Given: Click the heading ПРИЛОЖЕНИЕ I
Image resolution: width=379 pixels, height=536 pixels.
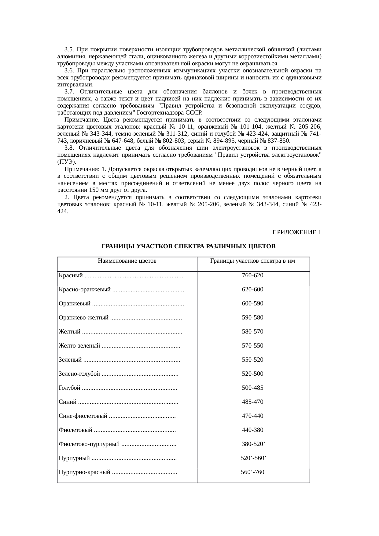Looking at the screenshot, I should click(x=296, y=233).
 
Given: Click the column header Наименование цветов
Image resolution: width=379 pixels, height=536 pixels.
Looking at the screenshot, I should click(x=127, y=261).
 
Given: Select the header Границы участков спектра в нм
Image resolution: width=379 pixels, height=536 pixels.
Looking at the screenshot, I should click(x=253, y=261).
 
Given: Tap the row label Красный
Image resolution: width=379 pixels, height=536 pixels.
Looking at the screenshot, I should click(x=71, y=275).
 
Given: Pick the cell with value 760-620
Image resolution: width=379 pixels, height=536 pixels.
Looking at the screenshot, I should click(x=252, y=275).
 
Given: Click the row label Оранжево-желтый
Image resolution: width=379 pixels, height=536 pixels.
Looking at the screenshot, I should click(x=83, y=318).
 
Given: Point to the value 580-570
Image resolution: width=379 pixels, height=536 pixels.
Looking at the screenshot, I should click(x=252, y=332).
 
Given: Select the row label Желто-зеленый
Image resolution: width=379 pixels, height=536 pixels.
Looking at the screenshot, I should click(x=79, y=346).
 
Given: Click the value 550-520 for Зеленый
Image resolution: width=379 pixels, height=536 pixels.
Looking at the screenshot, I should click(x=252, y=360).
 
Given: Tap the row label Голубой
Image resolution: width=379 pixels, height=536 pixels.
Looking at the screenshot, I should click(x=69, y=388).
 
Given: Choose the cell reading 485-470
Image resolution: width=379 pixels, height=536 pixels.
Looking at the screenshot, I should click(x=252, y=402).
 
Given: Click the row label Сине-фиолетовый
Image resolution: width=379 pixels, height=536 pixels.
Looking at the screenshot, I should click(x=83, y=416).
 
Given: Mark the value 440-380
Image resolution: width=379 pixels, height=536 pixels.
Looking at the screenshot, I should click(x=252, y=430).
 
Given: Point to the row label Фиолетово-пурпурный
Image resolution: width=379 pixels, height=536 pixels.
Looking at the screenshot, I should click(x=89, y=444).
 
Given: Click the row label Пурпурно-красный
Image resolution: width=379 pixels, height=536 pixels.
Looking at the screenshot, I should click(x=84, y=472).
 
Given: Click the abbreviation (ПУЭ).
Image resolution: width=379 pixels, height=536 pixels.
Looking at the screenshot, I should click(x=67, y=162).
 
